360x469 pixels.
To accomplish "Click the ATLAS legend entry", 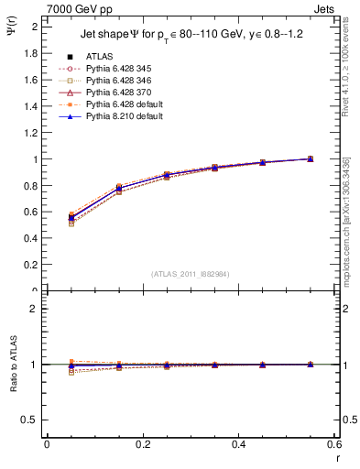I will point(101,57).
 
